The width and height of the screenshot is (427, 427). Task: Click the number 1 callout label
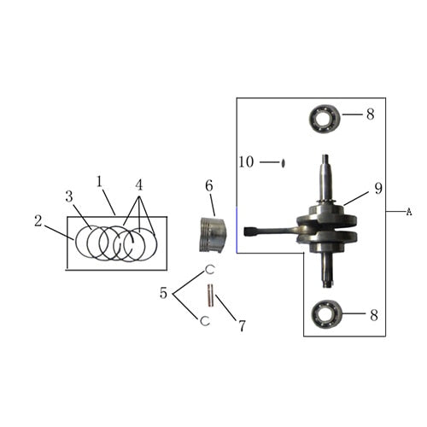tap(100, 181)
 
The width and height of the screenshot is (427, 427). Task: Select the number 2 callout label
tap(38, 220)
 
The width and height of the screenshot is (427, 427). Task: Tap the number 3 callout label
tap(69, 196)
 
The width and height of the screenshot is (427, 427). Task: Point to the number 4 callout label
tap(138, 184)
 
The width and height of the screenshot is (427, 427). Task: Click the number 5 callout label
tap(164, 294)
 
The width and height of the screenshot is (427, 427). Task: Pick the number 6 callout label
tap(208, 185)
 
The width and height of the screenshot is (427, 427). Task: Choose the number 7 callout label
tap(242, 325)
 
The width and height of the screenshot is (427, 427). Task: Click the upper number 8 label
tap(371, 114)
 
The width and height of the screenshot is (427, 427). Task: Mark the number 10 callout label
tap(246, 161)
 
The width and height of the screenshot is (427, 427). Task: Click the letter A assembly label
tap(408, 211)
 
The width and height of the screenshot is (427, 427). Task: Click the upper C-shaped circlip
tap(208, 271)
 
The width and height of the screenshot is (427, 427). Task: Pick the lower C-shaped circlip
tap(205, 321)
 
